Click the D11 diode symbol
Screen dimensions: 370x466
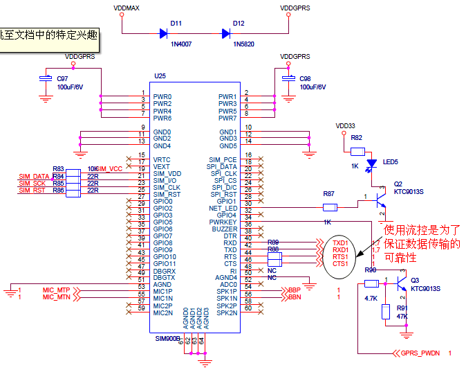point(165,33)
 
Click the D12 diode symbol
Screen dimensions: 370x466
point(226,33)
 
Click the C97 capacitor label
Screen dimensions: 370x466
point(62,79)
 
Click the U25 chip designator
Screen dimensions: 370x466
point(160,76)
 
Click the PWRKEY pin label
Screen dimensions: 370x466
point(223,222)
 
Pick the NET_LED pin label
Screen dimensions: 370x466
point(223,209)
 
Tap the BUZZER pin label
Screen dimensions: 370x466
point(225,229)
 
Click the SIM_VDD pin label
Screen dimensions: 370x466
point(167,174)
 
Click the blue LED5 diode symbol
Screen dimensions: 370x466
point(372,164)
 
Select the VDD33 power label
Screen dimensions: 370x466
point(345,126)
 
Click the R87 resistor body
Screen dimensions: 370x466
point(330,207)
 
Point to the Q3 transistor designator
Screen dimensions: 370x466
point(415,281)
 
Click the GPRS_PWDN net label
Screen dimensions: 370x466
point(420,353)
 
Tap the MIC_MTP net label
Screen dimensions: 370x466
point(56,290)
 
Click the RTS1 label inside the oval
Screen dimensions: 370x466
point(340,257)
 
